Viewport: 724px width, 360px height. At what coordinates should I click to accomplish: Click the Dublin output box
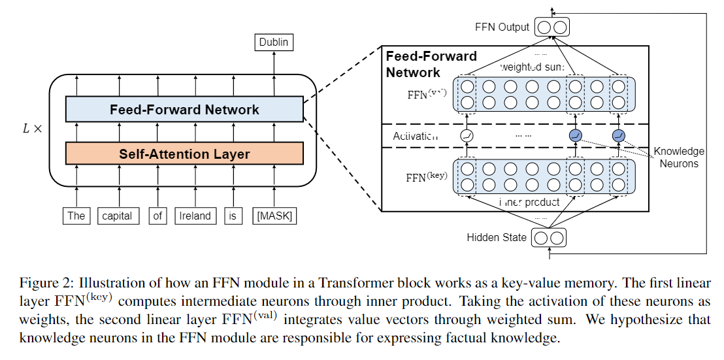point(273,43)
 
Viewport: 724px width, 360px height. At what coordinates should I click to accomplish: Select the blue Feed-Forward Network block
point(184,110)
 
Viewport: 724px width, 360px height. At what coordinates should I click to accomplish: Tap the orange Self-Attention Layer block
point(184,154)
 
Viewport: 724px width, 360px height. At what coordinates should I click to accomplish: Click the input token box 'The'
point(76,216)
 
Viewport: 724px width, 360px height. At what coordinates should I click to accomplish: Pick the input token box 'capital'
point(118,216)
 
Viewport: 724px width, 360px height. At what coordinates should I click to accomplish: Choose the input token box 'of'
point(157,216)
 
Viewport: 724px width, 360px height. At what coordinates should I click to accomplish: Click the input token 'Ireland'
point(195,216)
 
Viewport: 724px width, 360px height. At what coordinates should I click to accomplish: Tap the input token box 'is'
point(231,216)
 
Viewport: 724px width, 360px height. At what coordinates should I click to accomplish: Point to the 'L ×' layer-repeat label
point(32,129)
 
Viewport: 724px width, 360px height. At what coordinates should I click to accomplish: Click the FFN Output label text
point(502,27)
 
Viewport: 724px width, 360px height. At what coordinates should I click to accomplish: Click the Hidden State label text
point(497,237)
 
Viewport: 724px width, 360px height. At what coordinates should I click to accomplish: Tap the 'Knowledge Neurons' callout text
point(679,157)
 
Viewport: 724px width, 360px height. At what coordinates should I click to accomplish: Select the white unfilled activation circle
point(467,136)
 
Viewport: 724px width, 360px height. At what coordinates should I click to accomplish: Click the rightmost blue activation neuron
point(618,136)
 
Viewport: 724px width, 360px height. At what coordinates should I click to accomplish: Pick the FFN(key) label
point(425,177)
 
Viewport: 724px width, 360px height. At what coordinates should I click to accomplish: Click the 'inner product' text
point(529,202)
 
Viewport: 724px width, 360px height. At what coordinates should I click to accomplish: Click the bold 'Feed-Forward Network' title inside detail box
point(431,64)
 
